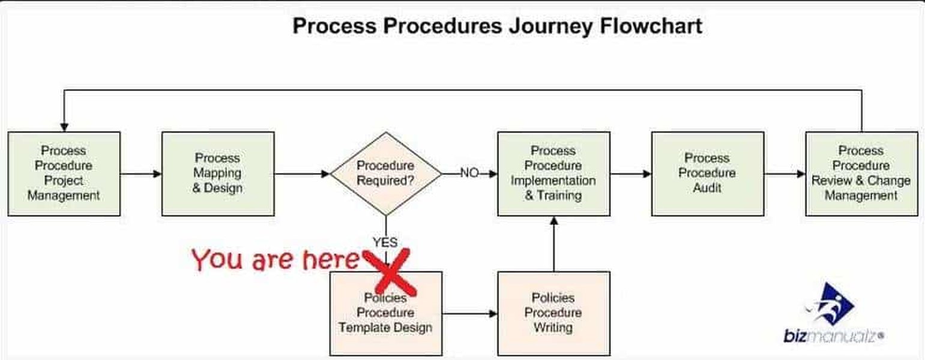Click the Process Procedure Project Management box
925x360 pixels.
point(64,173)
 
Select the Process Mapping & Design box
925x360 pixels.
point(218,173)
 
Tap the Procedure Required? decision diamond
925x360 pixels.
point(385,173)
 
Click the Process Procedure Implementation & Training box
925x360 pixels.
point(553,173)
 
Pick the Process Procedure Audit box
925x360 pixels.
point(707,173)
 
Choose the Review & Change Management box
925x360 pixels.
point(861,173)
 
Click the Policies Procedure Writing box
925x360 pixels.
point(553,313)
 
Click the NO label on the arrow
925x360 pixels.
point(469,173)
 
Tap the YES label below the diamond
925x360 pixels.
point(385,242)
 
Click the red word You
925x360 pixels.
point(217,260)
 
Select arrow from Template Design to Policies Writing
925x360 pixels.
point(470,313)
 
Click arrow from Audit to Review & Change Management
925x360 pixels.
point(785,174)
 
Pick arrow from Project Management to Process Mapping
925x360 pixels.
point(141,174)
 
